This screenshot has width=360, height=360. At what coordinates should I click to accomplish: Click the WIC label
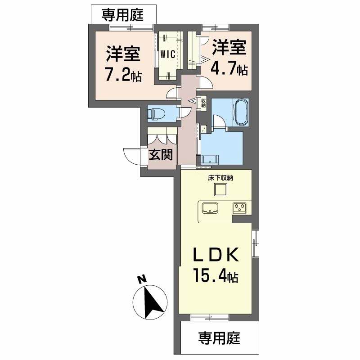(169, 54)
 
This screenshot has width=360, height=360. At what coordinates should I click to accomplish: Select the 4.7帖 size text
(229, 69)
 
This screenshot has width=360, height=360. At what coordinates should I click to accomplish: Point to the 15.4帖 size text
(216, 275)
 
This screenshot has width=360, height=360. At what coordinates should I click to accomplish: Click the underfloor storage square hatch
(220, 190)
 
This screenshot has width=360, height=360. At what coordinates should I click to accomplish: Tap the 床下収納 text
(220, 177)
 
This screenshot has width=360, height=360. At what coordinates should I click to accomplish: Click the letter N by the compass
(142, 279)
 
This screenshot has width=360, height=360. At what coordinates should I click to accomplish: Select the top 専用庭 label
(122, 15)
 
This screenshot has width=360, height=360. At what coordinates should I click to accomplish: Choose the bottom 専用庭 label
(220, 337)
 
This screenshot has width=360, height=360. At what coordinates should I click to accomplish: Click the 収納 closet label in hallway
(203, 103)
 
